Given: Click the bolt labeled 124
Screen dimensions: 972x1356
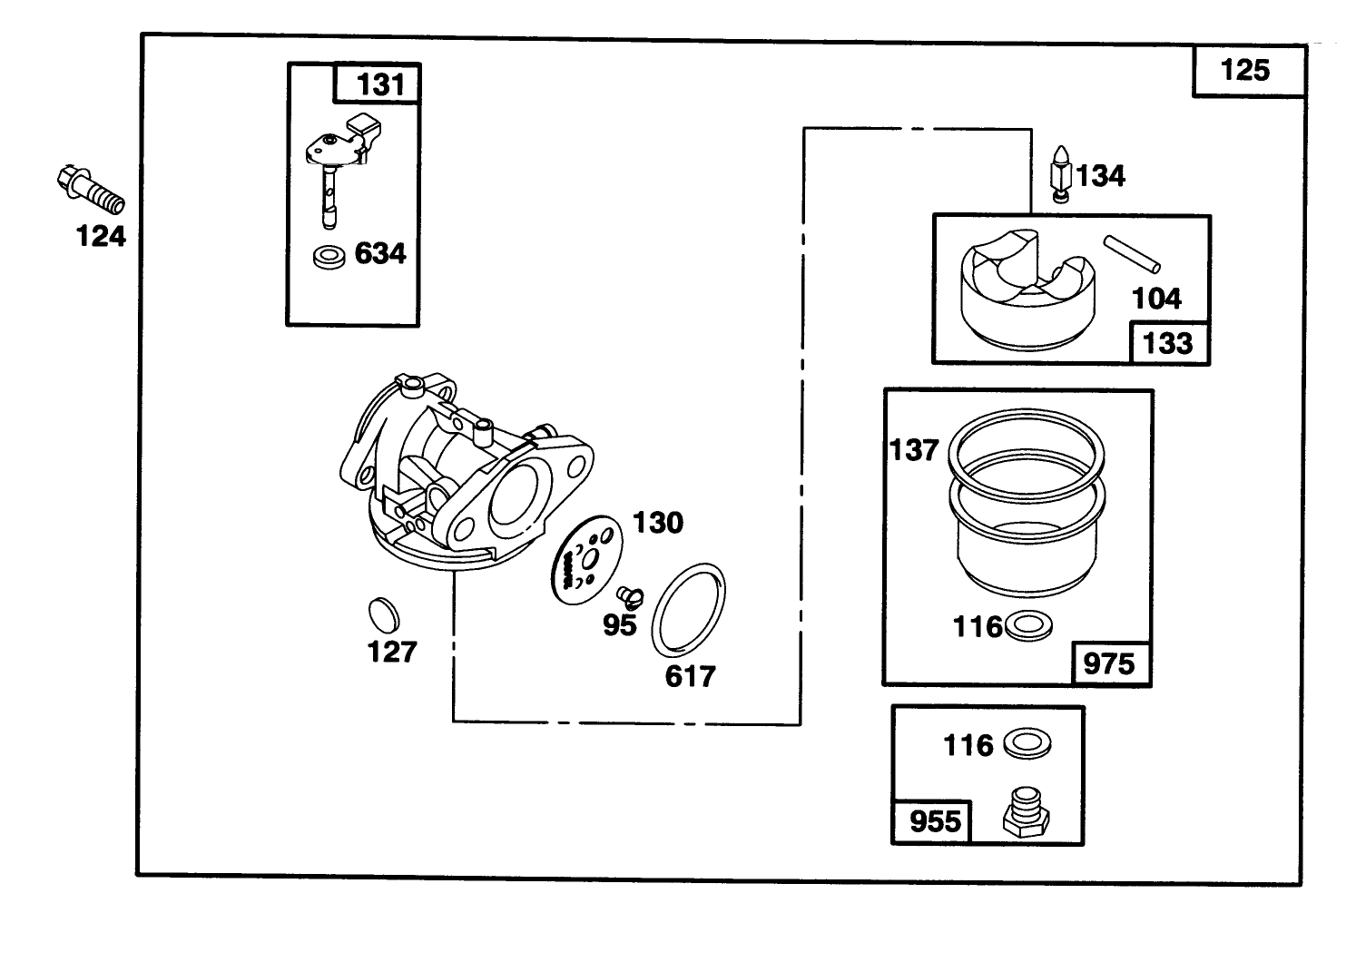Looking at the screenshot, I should coord(90,189).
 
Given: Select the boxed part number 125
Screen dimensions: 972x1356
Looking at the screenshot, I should coord(1245,70).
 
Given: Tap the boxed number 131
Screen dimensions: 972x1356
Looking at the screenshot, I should coord(379,84).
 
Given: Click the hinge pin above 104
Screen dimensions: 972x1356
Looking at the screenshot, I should coord(1132,253).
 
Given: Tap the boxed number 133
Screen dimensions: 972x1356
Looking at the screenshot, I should coord(1167,343).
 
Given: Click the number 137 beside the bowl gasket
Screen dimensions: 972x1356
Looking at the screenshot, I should coord(913,449).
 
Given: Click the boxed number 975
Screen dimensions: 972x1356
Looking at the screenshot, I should coord(1109,663).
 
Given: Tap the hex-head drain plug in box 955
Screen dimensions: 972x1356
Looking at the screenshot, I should coord(1026,812).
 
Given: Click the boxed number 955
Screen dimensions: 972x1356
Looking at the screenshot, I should coord(934,821).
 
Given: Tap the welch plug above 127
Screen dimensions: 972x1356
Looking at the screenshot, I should coord(384,614).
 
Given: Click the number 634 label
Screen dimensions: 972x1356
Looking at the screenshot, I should coord(379,253).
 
